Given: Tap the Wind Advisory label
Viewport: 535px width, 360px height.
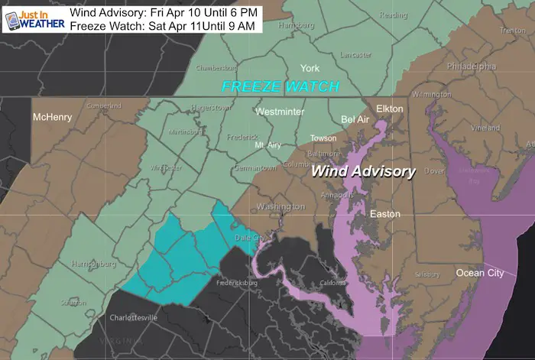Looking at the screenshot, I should point(363,172).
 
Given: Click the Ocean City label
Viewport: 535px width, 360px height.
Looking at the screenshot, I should point(480,273).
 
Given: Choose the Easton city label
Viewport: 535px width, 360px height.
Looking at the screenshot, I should point(384,214).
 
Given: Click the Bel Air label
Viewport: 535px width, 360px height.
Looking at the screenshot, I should point(355,121).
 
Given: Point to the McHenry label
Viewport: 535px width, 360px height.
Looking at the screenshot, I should point(52,117).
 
